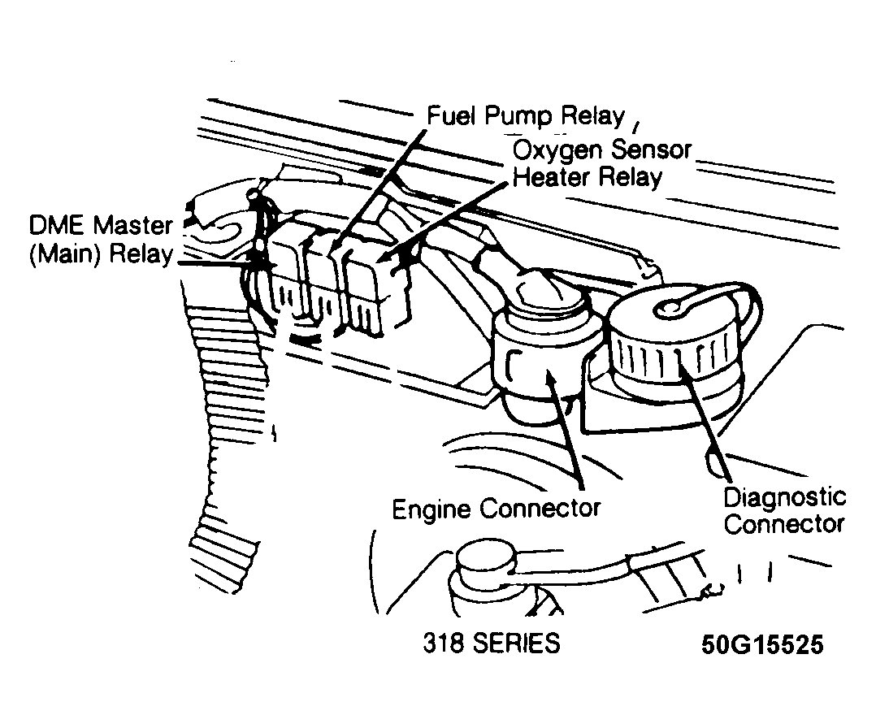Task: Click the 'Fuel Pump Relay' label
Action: pyautogui.click(x=526, y=116)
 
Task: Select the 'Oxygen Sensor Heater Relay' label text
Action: pyautogui.click(x=601, y=162)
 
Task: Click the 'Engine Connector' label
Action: pyautogui.click(x=496, y=509)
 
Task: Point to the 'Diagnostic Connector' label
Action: pyautogui.click(x=784, y=510)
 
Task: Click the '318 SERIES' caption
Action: pyautogui.click(x=491, y=643)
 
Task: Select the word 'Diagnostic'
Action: pyautogui.click(x=784, y=496)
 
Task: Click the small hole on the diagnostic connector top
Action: pyautogui.click(x=671, y=307)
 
